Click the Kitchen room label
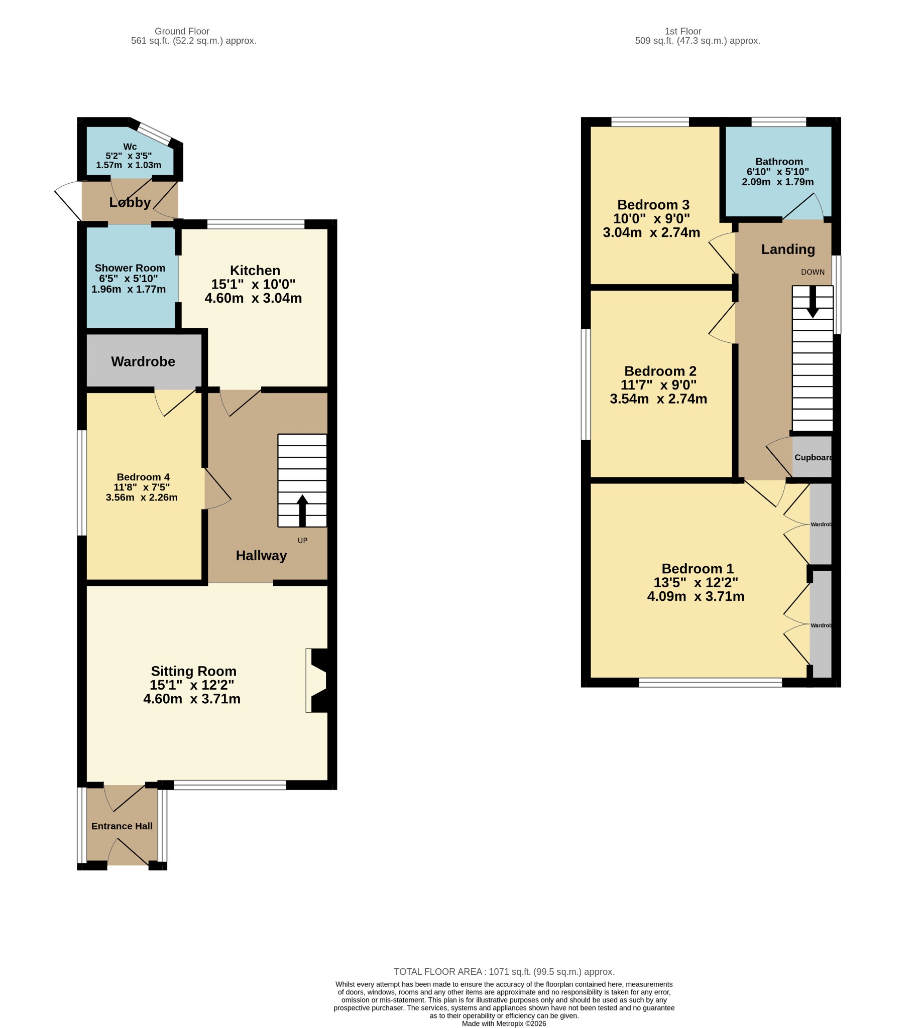coord(255,271)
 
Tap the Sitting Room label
coord(194,672)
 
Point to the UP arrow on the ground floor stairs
coord(302,510)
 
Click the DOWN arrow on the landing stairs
coord(812,302)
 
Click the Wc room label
coord(130,147)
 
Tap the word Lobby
coord(130,203)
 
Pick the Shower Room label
coord(130,268)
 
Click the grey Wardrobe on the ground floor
coord(144,361)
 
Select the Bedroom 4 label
coord(143,477)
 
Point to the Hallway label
coord(261,556)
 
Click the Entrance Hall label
coord(122,826)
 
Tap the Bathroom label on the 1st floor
coord(779,162)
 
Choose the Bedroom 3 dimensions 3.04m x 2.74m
coord(652,232)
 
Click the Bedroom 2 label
coord(660,371)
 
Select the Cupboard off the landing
coord(812,457)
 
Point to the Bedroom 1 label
coord(698,569)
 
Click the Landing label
coord(788,249)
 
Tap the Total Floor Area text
coord(504,972)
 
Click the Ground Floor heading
coord(182,31)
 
